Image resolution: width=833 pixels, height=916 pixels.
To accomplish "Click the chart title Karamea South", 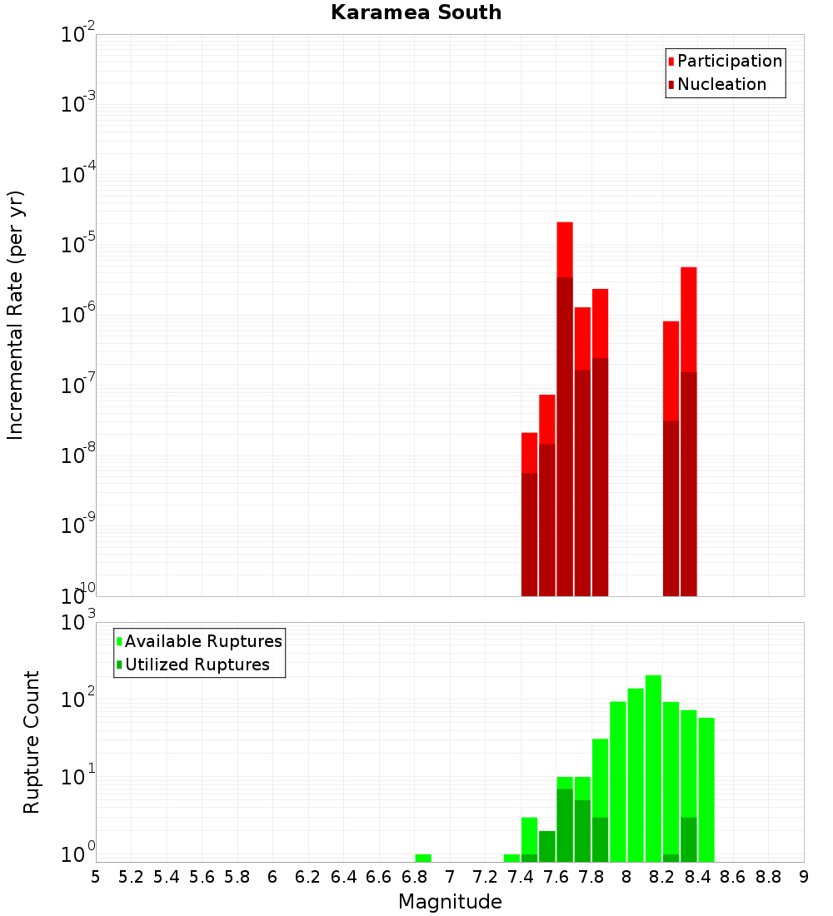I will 416,12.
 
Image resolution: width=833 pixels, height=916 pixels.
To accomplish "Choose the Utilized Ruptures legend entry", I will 196,665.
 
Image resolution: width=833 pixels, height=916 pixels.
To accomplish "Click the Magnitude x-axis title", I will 450,902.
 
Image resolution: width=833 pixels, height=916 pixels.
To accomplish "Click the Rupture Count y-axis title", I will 32,742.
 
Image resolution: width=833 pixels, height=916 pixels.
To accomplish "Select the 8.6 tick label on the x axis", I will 733,876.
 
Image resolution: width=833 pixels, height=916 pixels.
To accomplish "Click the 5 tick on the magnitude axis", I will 96,876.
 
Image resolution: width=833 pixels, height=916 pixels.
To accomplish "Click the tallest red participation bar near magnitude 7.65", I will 565,250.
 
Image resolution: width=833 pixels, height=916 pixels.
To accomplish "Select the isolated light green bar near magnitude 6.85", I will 423,858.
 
